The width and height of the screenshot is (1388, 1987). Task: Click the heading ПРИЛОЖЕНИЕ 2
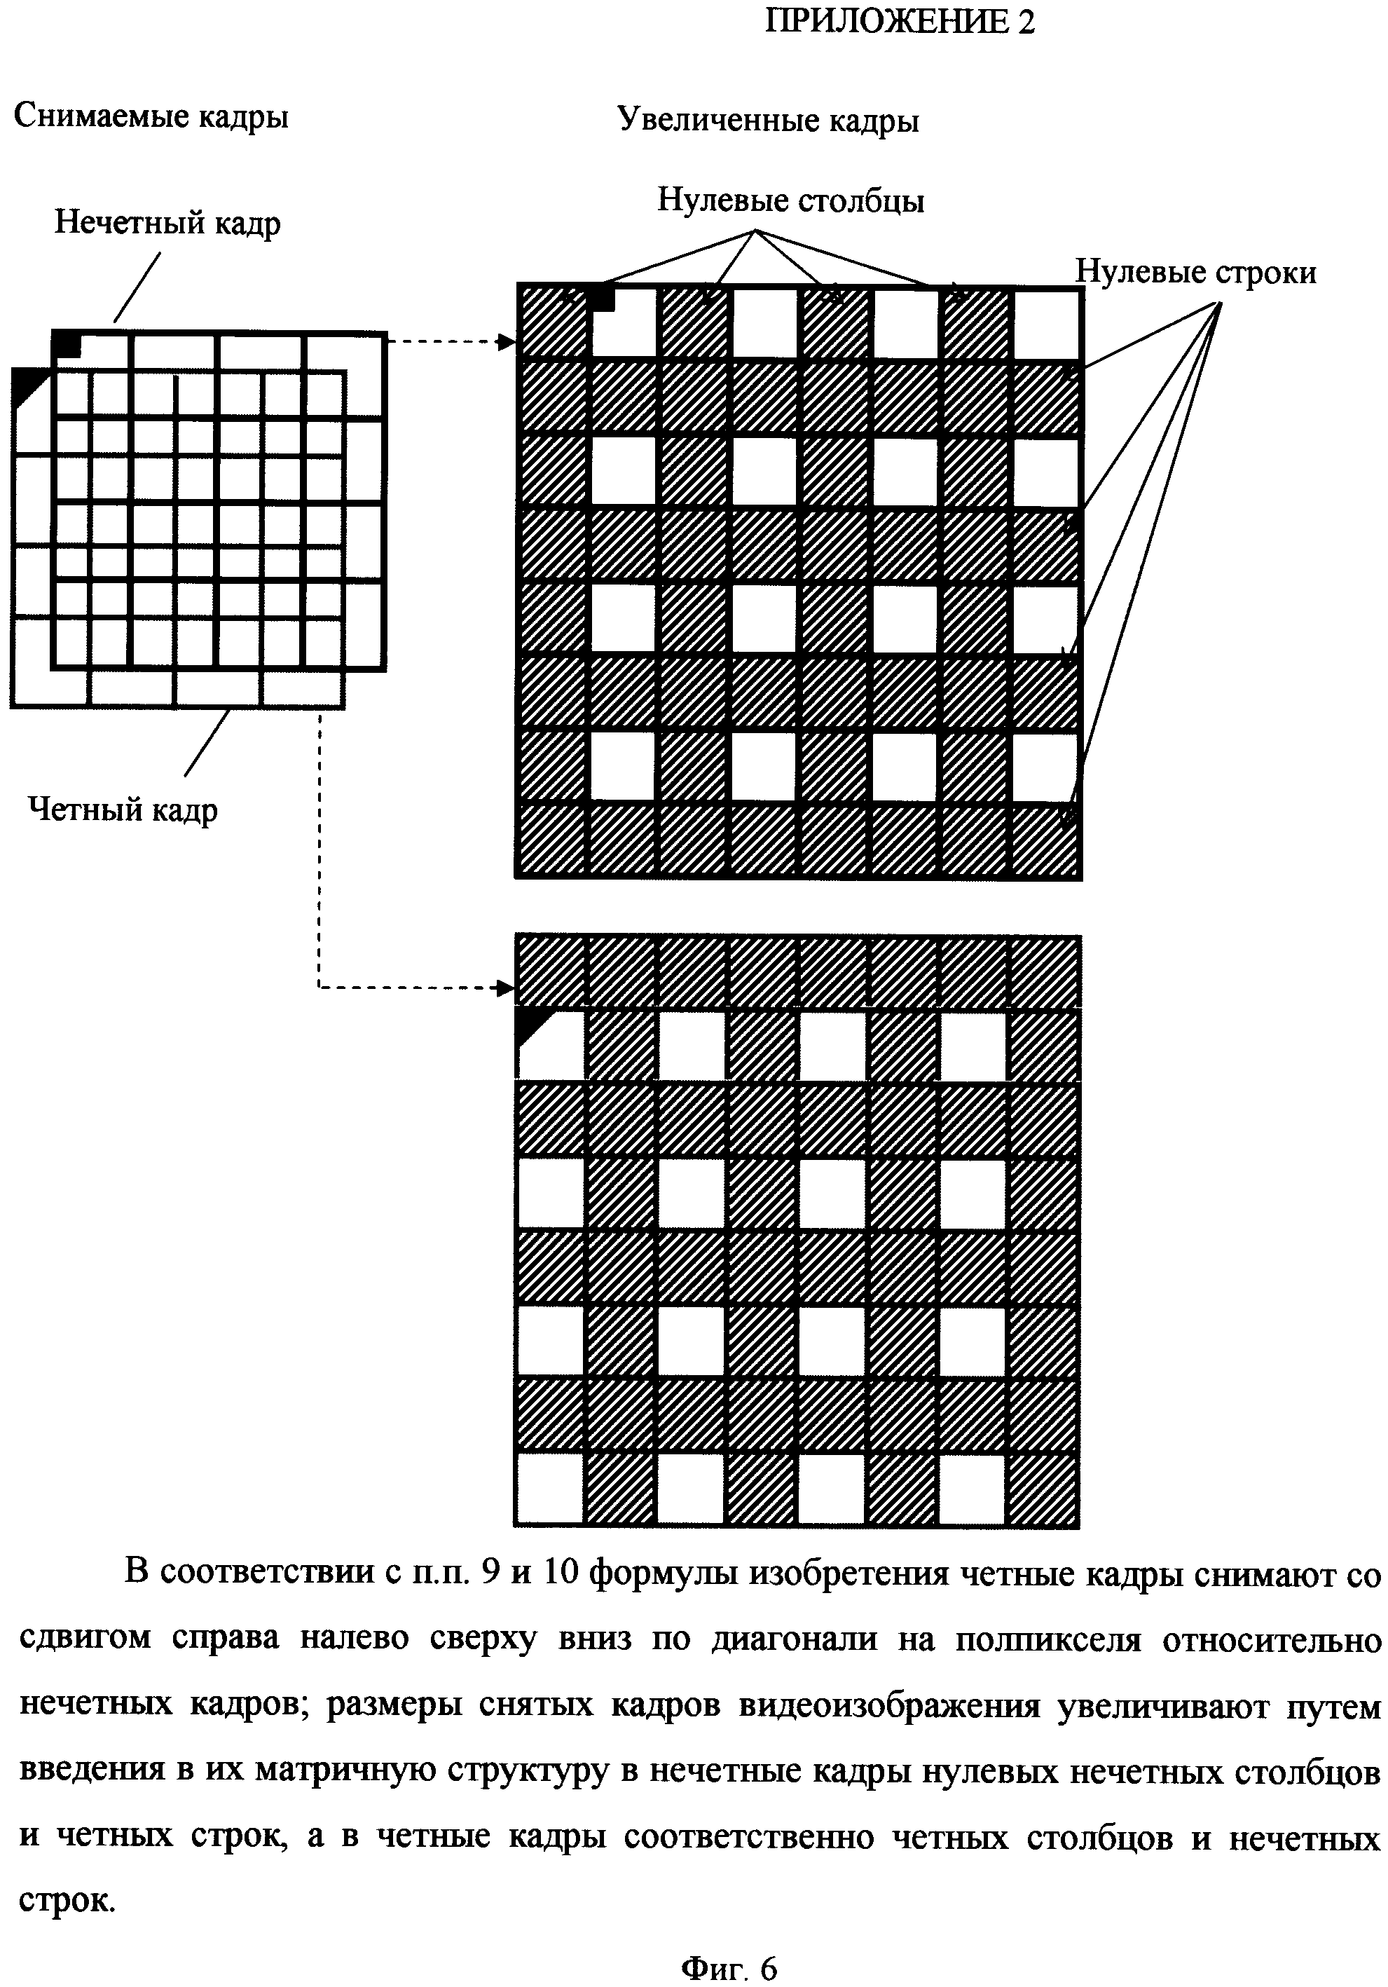click(x=899, y=22)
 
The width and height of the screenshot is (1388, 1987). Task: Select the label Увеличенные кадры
click(x=767, y=121)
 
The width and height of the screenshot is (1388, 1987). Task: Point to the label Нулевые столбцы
click(x=790, y=200)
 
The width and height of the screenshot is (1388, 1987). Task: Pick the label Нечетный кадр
click(x=167, y=224)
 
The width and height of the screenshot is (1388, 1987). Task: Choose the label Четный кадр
click(x=122, y=810)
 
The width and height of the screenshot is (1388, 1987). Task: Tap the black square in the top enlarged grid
click(x=601, y=299)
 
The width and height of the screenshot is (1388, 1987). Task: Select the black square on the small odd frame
click(x=67, y=344)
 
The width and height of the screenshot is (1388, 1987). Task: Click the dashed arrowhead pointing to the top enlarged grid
click(x=507, y=342)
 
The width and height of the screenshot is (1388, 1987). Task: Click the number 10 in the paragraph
click(x=560, y=1573)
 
